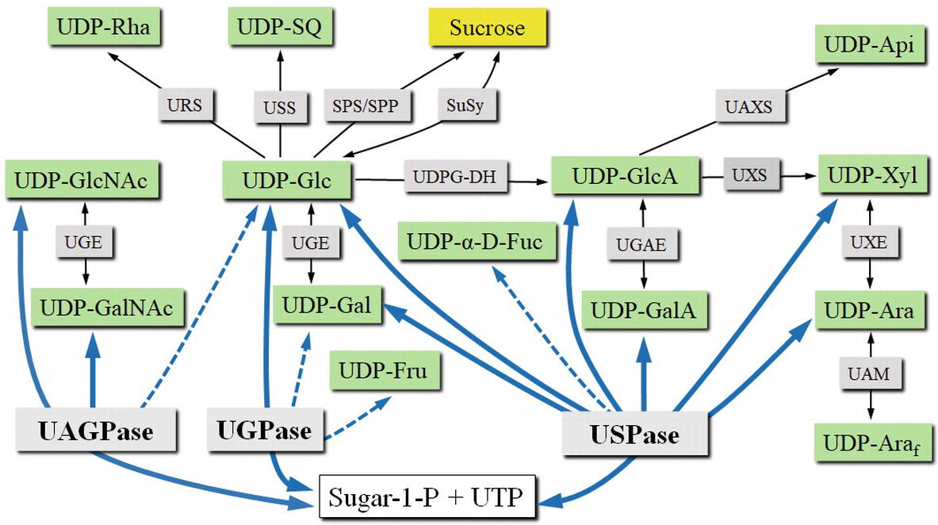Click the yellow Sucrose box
[x=487, y=29]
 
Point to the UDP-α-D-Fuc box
[x=473, y=241]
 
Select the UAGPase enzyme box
[x=95, y=432]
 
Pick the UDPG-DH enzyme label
[x=454, y=178]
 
